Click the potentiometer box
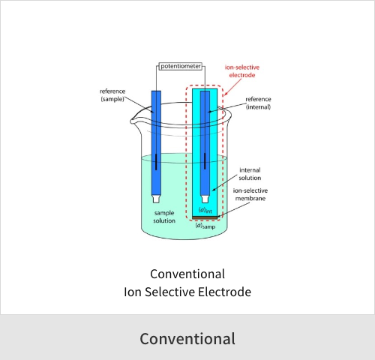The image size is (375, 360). click(181, 66)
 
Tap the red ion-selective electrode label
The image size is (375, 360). click(242, 71)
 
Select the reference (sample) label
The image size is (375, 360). click(112, 95)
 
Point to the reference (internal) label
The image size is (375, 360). click(258, 103)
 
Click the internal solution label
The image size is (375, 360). click(250, 174)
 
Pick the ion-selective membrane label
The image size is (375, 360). click(250, 194)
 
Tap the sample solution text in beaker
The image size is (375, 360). click(164, 217)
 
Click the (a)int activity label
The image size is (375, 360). click(205, 210)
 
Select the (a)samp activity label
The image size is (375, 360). click(205, 226)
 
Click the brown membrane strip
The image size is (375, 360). click(205, 218)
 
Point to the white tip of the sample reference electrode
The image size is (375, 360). click(156, 199)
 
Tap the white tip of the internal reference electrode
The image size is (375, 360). click(205, 199)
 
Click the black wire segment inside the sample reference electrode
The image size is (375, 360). click(156, 162)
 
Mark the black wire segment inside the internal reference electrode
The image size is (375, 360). click(205, 161)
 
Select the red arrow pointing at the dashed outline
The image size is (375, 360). click(233, 87)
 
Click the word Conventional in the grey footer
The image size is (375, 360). click(187, 339)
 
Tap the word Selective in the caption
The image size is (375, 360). click(170, 292)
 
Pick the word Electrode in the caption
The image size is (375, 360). click(225, 292)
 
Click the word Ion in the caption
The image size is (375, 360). click(133, 292)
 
